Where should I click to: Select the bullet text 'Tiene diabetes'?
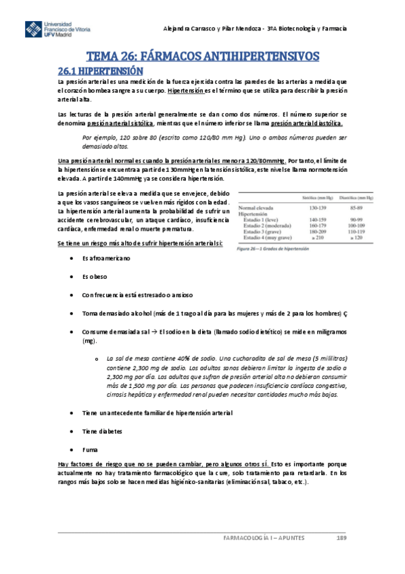click(103, 430)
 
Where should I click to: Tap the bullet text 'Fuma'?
click(89, 449)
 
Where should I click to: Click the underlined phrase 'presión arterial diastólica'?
click(306, 124)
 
